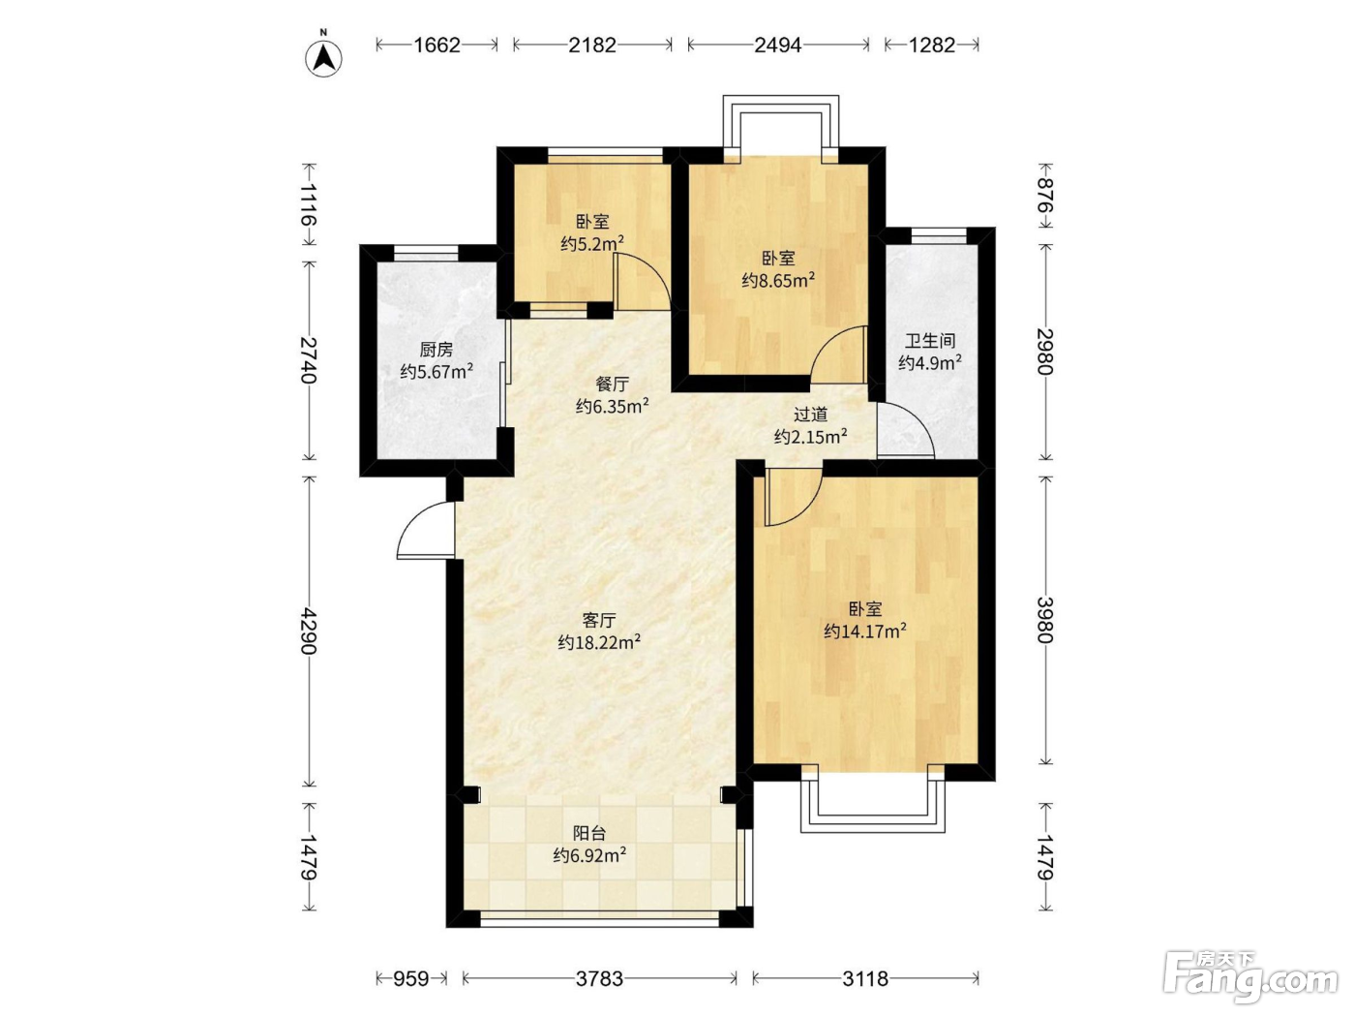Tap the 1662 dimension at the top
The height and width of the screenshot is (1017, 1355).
(437, 46)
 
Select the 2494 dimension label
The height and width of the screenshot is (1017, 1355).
(778, 46)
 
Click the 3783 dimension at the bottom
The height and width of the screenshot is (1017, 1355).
(599, 978)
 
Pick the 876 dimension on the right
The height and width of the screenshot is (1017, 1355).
(1044, 195)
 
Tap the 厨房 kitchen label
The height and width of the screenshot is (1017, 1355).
(437, 350)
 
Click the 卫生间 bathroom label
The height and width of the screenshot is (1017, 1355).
(930, 341)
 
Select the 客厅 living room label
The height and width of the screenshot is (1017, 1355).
(599, 619)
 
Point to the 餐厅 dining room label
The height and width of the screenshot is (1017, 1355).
(613, 385)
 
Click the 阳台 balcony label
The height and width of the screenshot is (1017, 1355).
(589, 833)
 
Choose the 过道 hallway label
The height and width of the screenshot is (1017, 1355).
(810, 415)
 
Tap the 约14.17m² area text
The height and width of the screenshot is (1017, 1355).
(865, 632)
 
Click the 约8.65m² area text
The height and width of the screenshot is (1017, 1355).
(778, 280)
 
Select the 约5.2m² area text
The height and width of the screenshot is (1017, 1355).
(592, 243)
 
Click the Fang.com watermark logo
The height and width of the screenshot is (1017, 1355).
(1250, 978)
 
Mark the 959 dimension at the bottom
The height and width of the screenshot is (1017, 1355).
(411, 978)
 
